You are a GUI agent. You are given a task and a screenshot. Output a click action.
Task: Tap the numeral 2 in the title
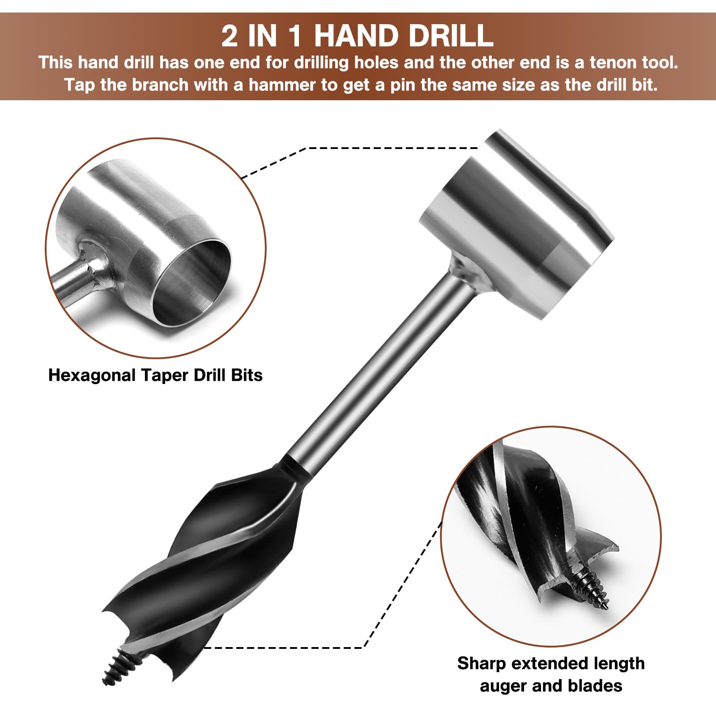[x=230, y=36]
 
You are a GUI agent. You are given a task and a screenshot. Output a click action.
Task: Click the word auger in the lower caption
[x=503, y=686]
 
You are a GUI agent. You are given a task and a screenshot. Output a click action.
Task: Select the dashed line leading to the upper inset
[x=358, y=148]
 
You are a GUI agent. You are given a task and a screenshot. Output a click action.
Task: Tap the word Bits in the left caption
[x=247, y=375]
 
